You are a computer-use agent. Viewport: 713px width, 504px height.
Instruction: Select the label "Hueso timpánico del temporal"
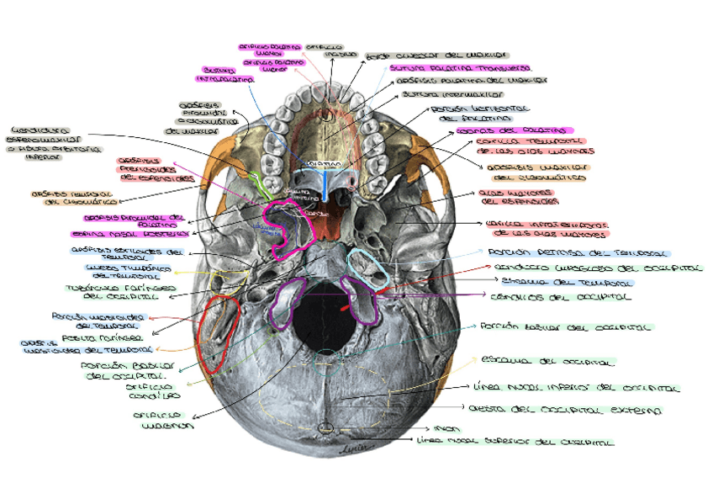tap(129, 271)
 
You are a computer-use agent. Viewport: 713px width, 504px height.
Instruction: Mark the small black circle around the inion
tap(325, 428)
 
